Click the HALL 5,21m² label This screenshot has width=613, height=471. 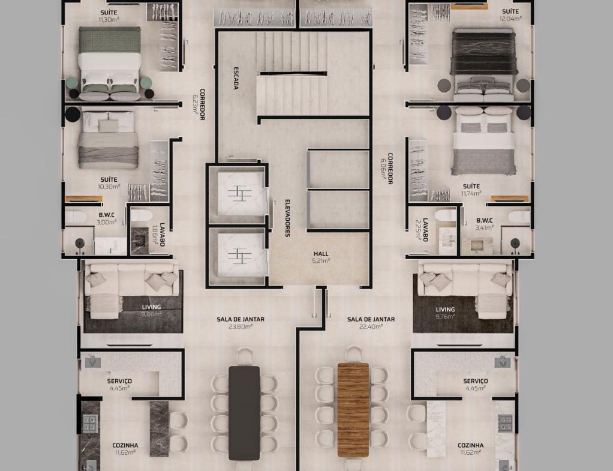[321, 257]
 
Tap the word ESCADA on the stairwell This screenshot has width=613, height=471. [236, 78]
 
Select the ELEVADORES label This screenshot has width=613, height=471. [287, 218]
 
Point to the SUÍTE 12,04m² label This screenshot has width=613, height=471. [510, 15]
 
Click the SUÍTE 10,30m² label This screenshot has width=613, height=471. [109, 183]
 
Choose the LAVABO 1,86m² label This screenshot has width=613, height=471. [159, 235]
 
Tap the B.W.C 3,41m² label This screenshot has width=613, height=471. [485, 224]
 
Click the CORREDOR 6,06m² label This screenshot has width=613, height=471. [387, 168]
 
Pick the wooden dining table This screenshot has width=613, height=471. [353, 410]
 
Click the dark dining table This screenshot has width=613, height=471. [244, 413]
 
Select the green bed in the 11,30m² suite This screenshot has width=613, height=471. [110, 62]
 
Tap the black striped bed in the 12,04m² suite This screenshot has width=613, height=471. [484, 64]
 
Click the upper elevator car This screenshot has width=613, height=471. [241, 193]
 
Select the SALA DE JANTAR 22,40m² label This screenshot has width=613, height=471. [371, 323]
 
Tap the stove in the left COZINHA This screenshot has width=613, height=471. [89, 423]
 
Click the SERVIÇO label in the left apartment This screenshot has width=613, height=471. [119, 381]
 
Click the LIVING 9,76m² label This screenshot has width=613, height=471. [445, 313]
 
